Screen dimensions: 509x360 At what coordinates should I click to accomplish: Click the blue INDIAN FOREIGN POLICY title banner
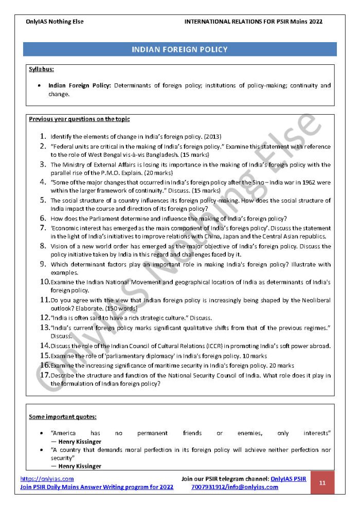coord(179,49)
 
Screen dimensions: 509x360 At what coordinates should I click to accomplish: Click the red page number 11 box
coord(322,483)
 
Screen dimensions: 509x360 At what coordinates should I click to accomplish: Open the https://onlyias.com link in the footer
coord(47,479)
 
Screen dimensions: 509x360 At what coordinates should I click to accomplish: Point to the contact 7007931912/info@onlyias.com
coord(235,487)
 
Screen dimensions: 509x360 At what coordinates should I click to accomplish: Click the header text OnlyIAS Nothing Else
coord(55,22)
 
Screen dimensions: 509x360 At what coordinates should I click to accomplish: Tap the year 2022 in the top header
coord(315,22)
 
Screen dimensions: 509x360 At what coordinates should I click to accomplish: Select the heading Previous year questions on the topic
coord(79,119)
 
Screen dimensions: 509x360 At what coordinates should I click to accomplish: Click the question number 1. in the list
coord(44,137)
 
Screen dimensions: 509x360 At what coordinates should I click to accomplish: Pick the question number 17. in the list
coord(45,375)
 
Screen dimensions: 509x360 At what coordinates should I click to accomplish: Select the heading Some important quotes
coord(63,416)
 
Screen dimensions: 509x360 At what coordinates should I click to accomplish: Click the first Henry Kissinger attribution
coord(79,442)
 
